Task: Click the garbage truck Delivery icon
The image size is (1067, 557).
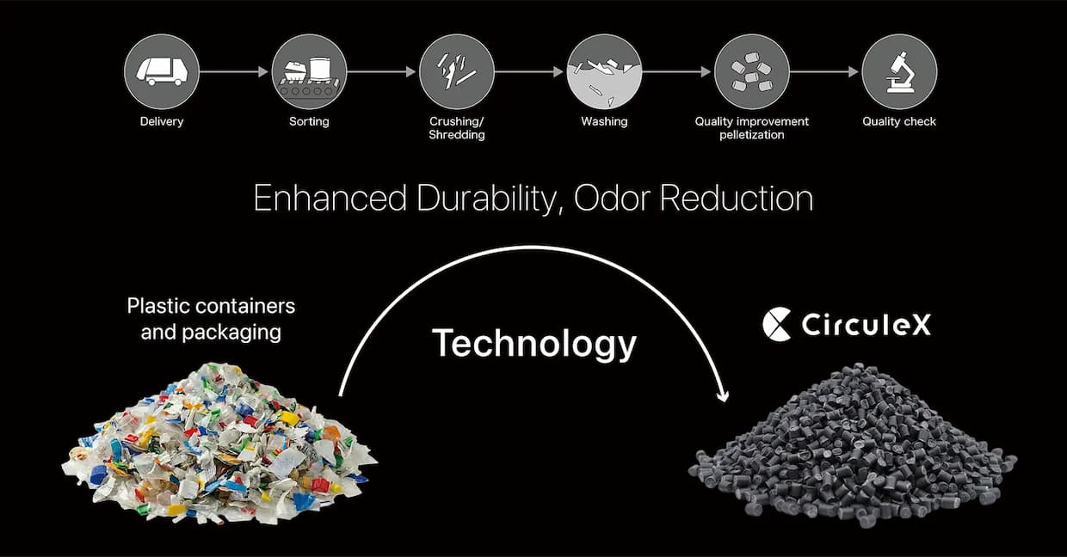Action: click(162, 72)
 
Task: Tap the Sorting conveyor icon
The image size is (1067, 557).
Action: click(309, 72)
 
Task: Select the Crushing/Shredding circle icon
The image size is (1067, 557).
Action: click(457, 72)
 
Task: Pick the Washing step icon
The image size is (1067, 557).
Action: click(604, 72)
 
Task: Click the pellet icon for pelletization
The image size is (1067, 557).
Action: click(752, 72)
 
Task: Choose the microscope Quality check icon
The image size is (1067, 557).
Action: click(899, 72)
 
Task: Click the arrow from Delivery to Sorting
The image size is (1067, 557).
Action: click(234, 72)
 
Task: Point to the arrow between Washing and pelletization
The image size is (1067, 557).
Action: click(677, 72)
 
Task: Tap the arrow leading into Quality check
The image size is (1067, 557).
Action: click(824, 72)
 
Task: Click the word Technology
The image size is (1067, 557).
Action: click(534, 344)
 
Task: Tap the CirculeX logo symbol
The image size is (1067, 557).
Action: click(777, 324)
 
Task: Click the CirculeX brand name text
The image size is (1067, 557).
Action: click(866, 325)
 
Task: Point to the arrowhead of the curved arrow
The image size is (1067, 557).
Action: click(723, 396)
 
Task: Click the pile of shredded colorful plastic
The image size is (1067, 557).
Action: click(219, 444)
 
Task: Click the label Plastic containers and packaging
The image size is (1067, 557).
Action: click(211, 319)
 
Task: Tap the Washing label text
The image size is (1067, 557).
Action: click(604, 122)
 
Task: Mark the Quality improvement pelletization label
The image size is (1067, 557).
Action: click(752, 128)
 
